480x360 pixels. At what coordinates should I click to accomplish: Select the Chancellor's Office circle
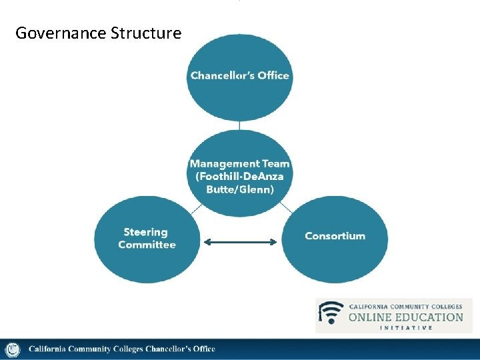tap(239, 77)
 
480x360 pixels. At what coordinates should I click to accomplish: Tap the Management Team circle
tap(239, 175)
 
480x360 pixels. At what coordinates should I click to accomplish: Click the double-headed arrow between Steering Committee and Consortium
tap(239, 243)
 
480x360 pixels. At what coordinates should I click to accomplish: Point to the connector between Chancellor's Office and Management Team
tap(239, 125)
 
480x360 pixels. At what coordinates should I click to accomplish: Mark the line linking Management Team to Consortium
tap(285, 207)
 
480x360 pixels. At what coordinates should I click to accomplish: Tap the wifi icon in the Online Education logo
tap(331, 313)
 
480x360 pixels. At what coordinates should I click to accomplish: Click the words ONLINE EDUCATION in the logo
tap(405, 317)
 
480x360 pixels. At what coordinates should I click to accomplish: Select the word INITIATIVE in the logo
tap(405, 327)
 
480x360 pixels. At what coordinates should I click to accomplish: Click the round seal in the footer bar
tap(12, 349)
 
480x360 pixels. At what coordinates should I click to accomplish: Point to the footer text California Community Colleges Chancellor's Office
tap(121, 349)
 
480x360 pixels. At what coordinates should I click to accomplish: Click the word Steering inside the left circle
tap(145, 232)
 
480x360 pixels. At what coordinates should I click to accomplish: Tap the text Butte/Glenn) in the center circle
tap(239, 189)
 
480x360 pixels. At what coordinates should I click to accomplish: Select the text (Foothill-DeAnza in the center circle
tap(239, 176)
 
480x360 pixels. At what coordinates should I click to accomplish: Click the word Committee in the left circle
tap(147, 245)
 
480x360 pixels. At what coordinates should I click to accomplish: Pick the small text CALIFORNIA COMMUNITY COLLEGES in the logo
tap(405, 307)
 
